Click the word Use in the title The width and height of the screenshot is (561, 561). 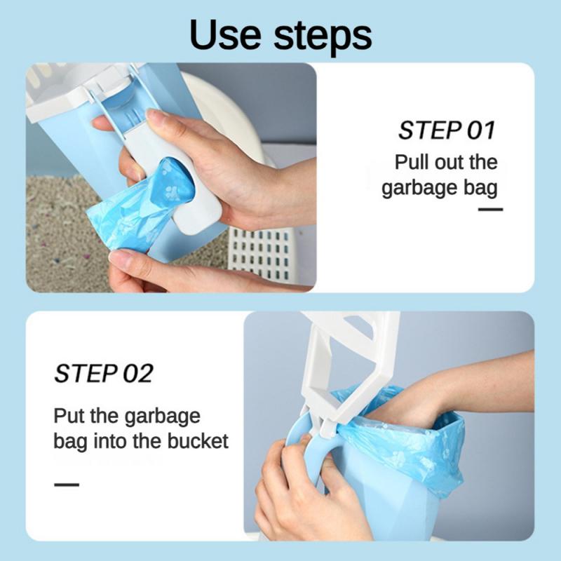225,34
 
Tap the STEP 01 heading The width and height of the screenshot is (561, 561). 447,130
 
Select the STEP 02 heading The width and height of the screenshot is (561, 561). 104,373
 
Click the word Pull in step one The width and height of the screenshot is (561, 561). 412,162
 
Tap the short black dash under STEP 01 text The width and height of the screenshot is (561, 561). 490,209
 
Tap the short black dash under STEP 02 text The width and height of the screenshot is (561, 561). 67,485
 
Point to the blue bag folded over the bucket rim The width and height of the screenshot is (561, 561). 412,440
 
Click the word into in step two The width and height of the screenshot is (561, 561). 111,441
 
